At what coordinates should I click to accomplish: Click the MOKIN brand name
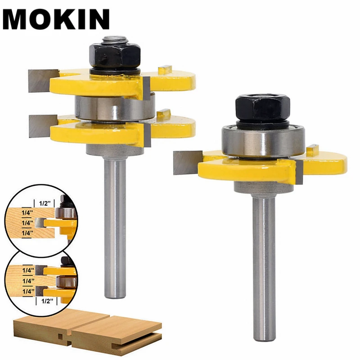pos(56,19)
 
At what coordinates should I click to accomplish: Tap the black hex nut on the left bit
pos(115,55)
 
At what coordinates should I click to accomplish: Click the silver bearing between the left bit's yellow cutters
pos(115,108)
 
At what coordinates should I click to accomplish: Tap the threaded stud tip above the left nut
pos(115,40)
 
